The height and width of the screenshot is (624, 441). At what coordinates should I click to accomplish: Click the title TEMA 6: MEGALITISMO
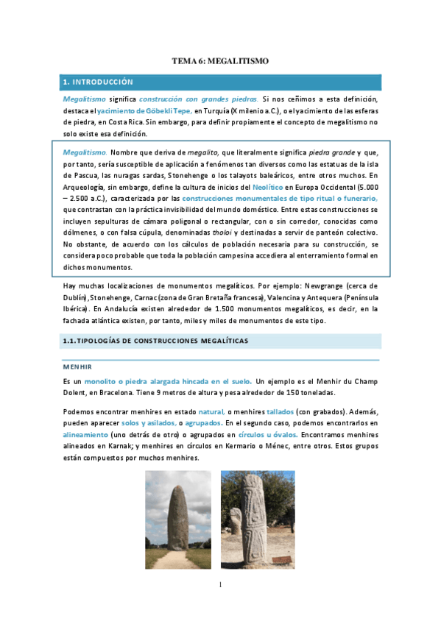point(220,63)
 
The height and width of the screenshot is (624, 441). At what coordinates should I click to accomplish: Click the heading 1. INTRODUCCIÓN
point(97,82)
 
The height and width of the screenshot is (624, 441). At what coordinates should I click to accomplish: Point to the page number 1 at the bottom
point(220,585)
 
